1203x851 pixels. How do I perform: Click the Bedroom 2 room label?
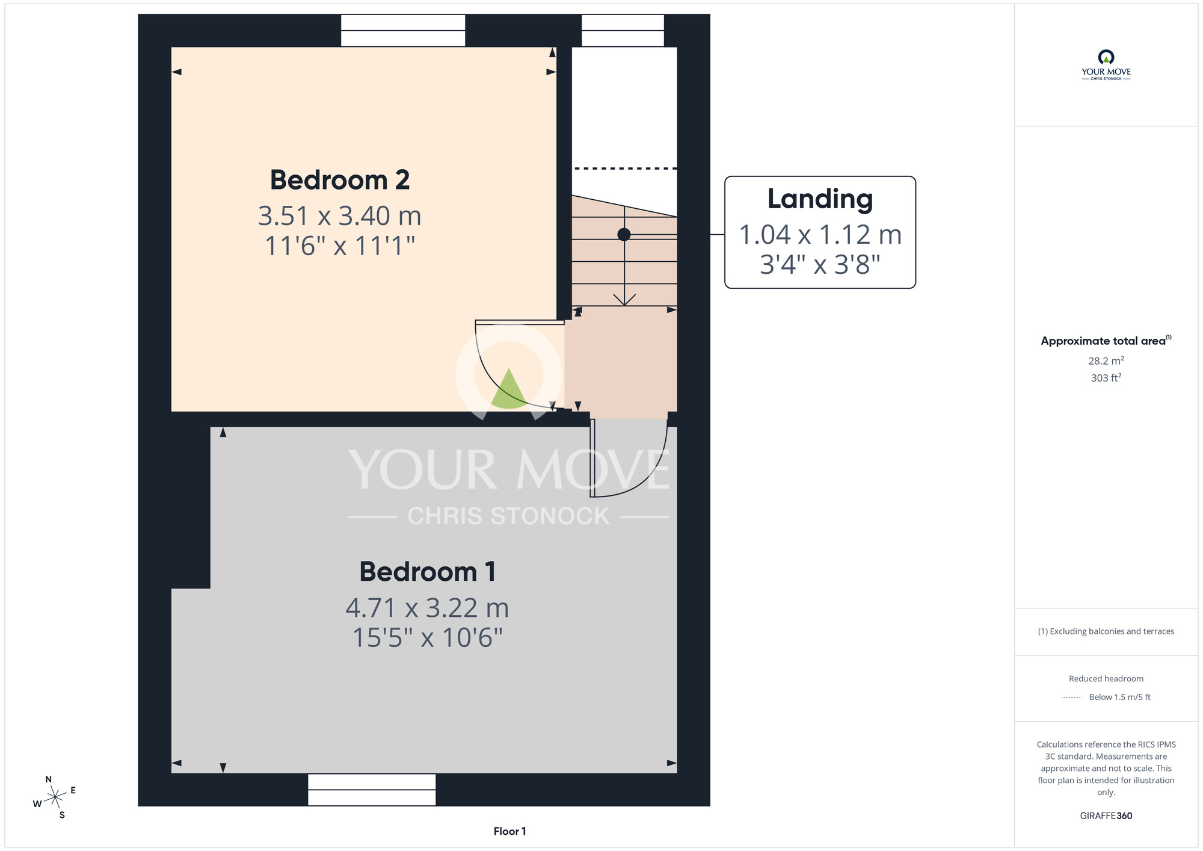[340, 180]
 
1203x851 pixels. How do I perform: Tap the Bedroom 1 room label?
[428, 572]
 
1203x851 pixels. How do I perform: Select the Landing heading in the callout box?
[820, 200]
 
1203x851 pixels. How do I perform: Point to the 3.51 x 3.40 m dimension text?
[340, 215]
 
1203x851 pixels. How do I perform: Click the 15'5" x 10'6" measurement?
[427, 638]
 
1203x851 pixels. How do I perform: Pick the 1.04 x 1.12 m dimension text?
[820, 235]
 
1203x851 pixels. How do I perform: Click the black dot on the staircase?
[624, 234]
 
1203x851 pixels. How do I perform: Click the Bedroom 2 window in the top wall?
[403, 31]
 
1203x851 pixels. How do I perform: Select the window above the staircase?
[623, 31]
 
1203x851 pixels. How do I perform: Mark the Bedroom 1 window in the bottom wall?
[372, 790]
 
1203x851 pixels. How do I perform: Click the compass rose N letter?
[49, 779]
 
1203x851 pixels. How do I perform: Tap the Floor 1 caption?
[509, 831]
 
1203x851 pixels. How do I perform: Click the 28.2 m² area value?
[1106, 361]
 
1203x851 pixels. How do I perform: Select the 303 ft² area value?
[1106, 377]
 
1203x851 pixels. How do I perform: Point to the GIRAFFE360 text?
[1106, 816]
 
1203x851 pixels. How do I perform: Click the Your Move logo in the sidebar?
[1106, 65]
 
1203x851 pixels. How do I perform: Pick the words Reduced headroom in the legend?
[1106, 679]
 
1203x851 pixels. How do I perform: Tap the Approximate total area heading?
[1106, 341]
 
